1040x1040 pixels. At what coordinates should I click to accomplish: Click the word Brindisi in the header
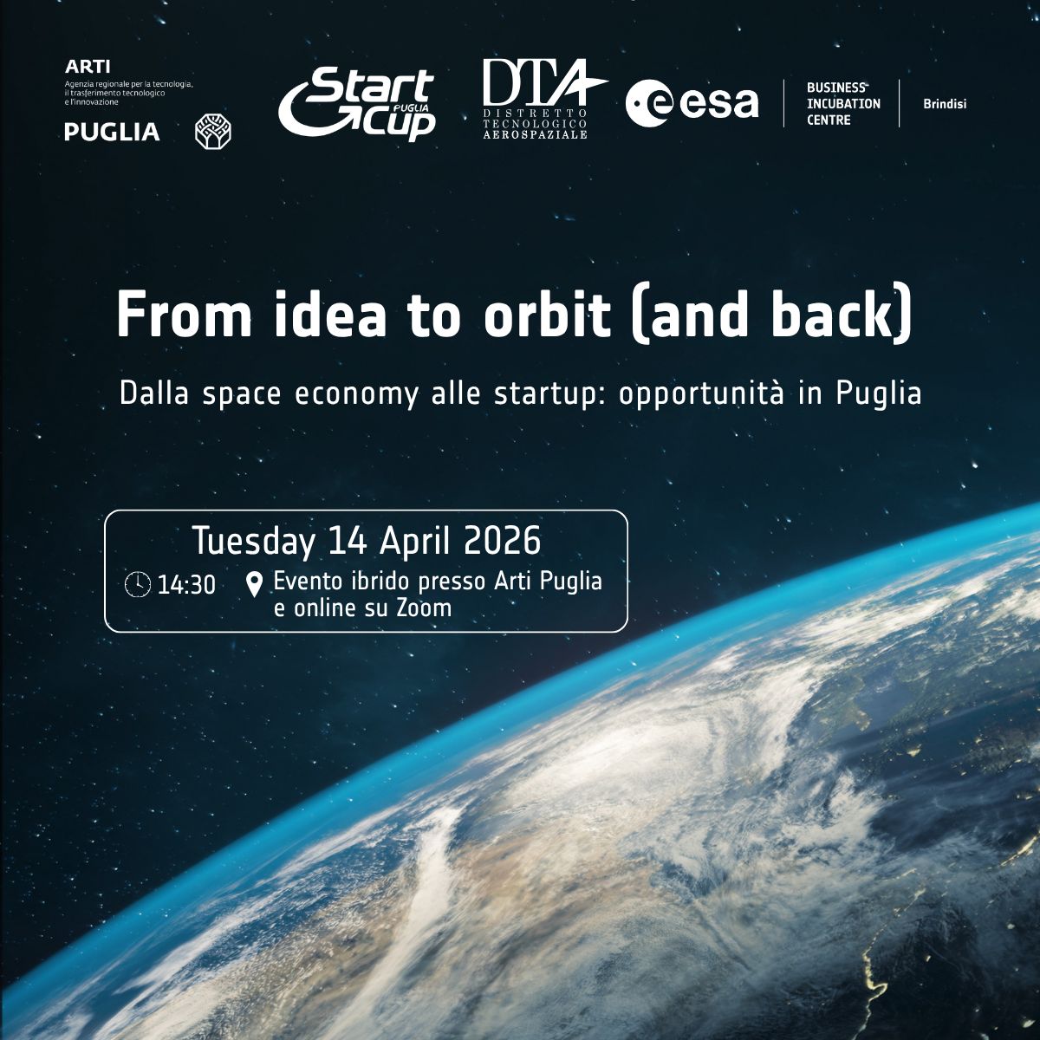[x=945, y=104]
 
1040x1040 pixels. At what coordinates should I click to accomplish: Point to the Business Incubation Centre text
[x=842, y=104]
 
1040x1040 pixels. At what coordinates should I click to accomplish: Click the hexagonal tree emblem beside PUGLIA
[x=212, y=131]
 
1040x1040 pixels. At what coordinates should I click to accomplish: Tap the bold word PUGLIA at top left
[x=112, y=132]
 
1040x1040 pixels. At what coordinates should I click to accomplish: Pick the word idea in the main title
[x=330, y=315]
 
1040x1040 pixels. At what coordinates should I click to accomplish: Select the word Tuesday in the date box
[x=254, y=542]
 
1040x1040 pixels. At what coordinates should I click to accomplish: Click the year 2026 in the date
[x=503, y=542]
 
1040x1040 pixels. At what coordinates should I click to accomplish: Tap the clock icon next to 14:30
[x=137, y=585]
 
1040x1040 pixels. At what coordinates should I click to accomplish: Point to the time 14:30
[x=186, y=585]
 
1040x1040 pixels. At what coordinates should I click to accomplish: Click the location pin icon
[x=254, y=584]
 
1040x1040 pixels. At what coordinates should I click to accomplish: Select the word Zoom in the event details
[x=424, y=608]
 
